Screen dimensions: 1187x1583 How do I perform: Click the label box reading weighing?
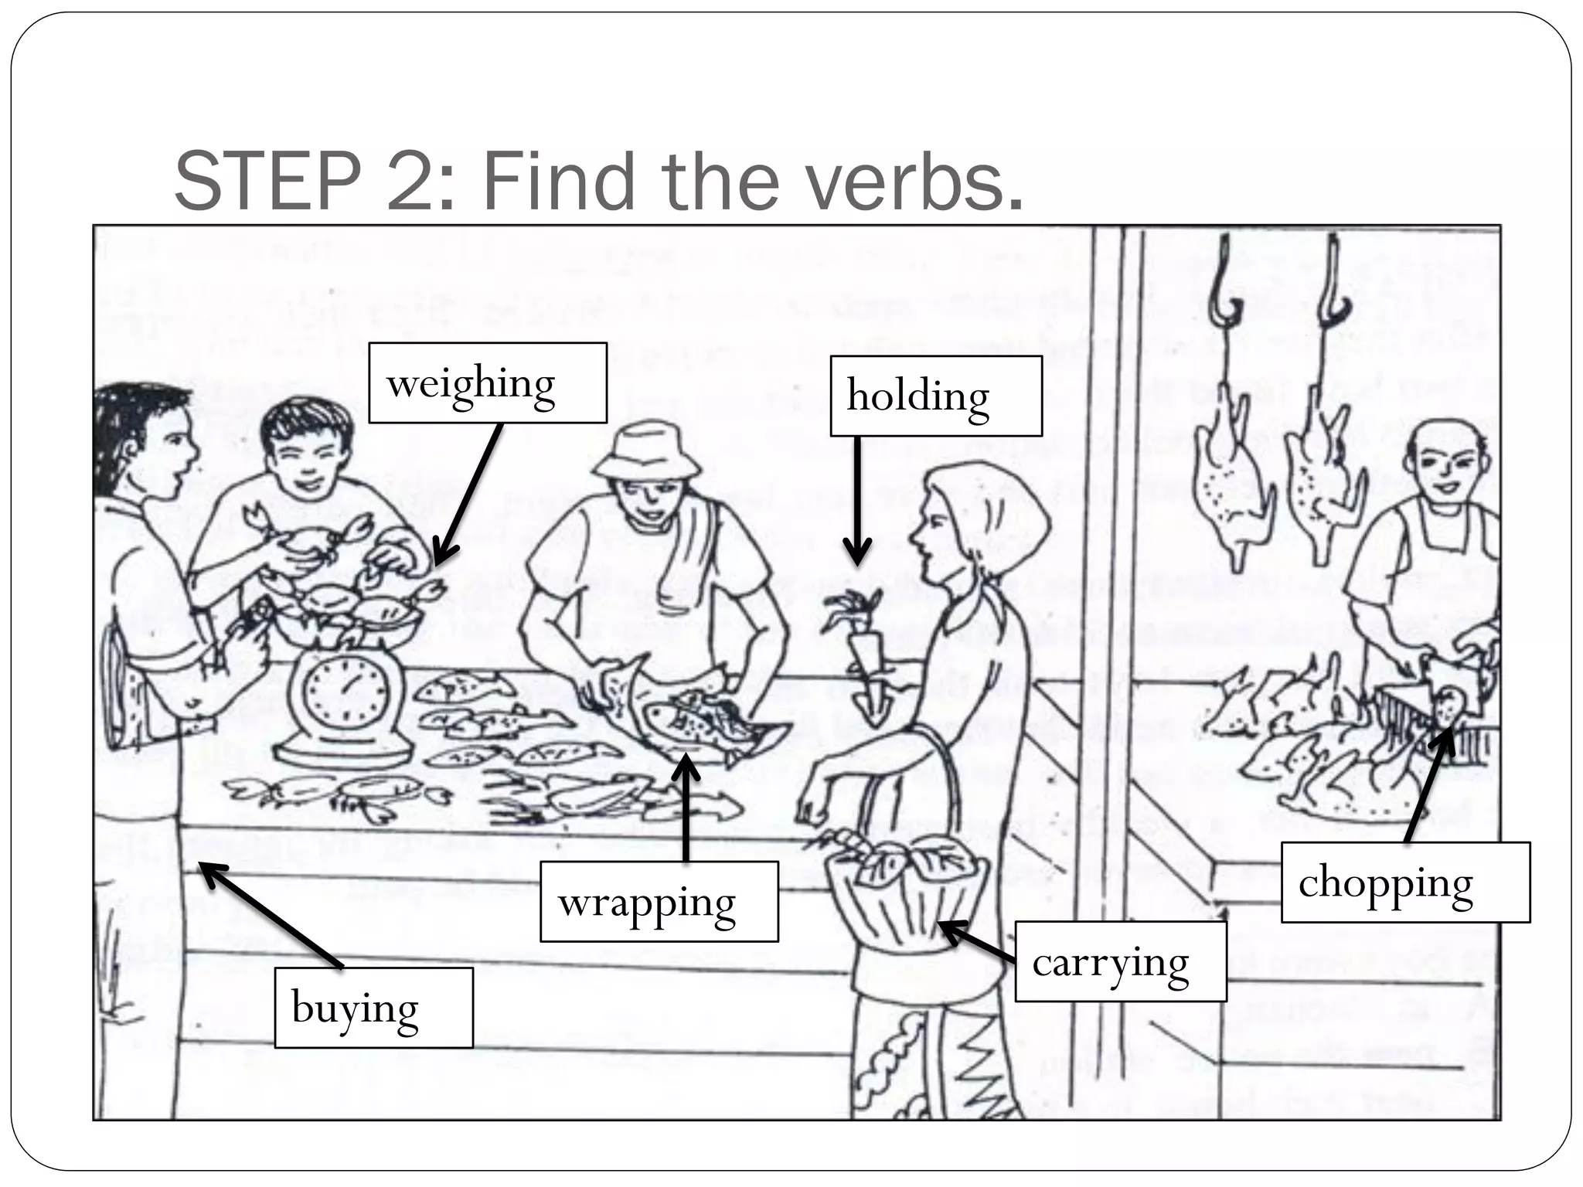pos(487,383)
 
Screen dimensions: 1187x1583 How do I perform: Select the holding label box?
pos(935,396)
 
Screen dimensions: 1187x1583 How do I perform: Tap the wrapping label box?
pos(659,901)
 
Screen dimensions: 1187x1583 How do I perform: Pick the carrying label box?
pos(1120,961)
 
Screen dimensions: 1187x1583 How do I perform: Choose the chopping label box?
pos(1404,882)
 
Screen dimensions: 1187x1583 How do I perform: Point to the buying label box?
pos(373,1008)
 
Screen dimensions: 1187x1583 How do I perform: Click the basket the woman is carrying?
pos(906,889)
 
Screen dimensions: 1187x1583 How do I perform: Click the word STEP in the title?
pos(267,182)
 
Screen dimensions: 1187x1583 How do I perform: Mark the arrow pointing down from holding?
pos(857,502)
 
